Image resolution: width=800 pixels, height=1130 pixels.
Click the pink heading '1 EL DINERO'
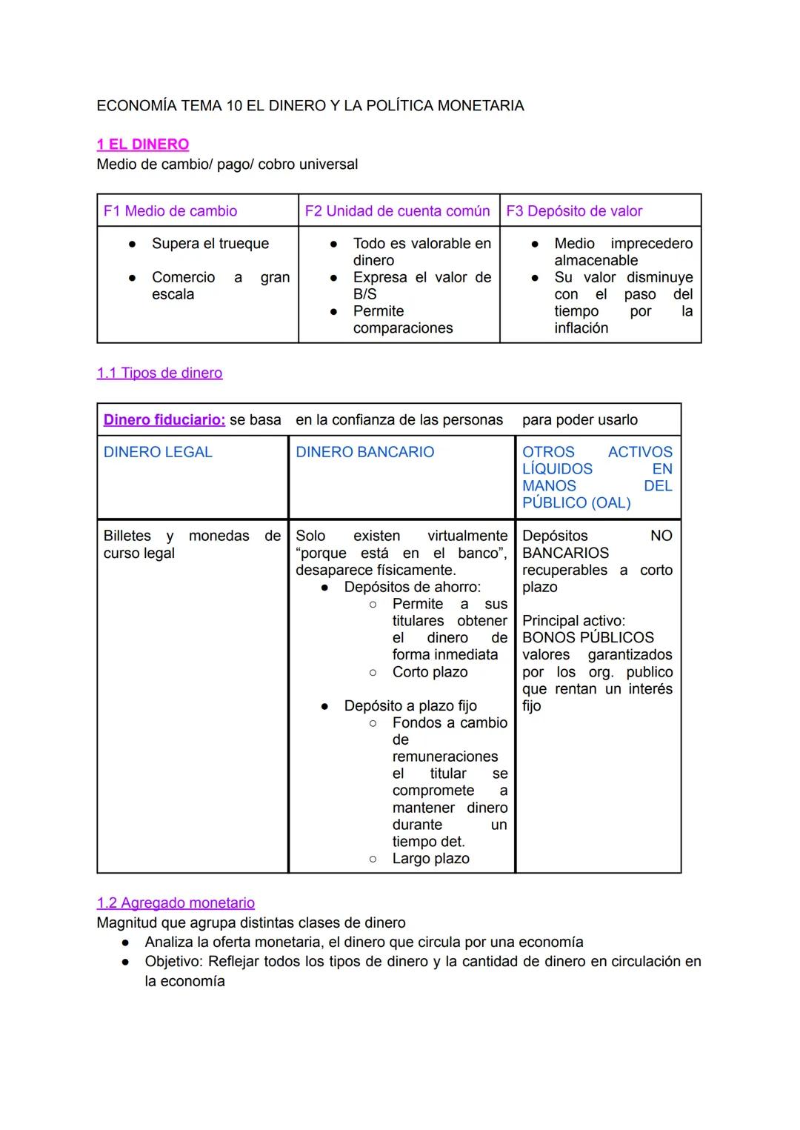click(x=142, y=144)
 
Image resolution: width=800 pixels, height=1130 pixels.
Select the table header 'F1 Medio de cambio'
click(x=170, y=211)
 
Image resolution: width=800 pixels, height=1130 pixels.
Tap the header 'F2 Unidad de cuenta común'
click(x=397, y=211)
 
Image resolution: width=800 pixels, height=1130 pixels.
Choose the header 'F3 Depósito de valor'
click(x=574, y=211)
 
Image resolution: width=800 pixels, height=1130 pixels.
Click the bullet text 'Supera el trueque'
click(x=210, y=244)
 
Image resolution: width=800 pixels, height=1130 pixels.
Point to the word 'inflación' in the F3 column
click(x=581, y=328)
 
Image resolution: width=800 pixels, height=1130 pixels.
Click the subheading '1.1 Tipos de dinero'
click(x=159, y=373)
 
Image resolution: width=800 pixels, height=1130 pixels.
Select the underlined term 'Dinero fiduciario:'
click(x=164, y=420)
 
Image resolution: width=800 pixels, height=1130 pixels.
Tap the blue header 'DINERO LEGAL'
click(x=158, y=452)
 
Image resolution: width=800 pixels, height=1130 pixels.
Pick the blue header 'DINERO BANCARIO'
click(x=364, y=452)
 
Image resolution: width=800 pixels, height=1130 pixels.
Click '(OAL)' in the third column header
click(x=612, y=503)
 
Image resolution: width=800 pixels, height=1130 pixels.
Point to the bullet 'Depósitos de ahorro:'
click(x=412, y=588)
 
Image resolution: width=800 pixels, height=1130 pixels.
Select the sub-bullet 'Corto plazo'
click(x=430, y=673)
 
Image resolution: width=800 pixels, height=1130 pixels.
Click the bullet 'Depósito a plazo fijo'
click(x=410, y=706)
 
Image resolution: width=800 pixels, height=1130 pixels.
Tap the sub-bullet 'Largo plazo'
click(x=430, y=859)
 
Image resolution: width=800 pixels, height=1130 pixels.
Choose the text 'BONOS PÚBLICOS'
click(x=588, y=638)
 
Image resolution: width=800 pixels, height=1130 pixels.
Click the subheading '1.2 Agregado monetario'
click(x=176, y=903)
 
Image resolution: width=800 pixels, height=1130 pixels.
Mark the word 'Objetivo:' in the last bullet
click(x=174, y=962)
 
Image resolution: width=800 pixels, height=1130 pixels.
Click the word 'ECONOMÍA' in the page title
click(x=136, y=106)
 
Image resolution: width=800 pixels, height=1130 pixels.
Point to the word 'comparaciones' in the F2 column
click(x=402, y=328)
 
